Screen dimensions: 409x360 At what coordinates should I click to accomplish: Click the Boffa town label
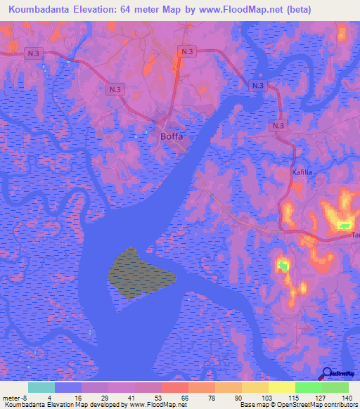pyautogui.click(x=172, y=137)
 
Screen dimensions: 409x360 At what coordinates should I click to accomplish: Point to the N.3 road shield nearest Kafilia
pyautogui.click(x=278, y=125)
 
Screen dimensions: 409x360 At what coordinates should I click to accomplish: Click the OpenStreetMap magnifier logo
pyautogui.click(x=328, y=374)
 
